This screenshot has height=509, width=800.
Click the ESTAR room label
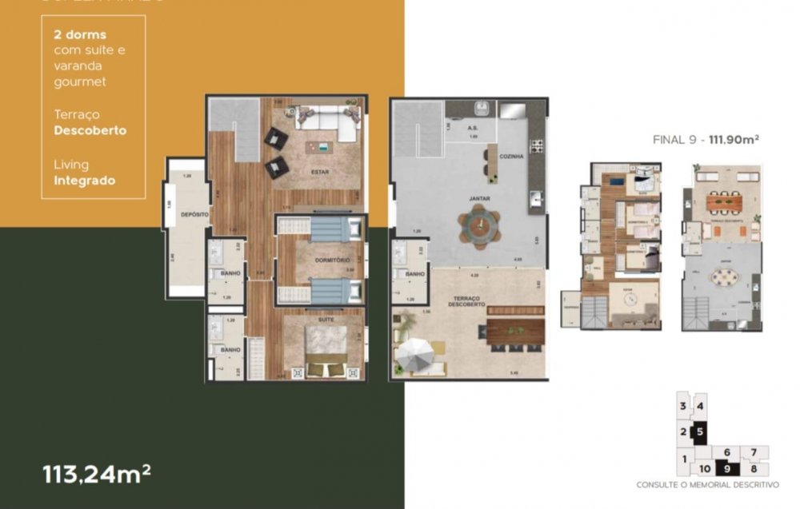point(320,171)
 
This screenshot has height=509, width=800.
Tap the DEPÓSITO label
point(194,215)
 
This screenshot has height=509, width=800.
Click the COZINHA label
point(511,157)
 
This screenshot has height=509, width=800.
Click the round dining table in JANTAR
point(478,225)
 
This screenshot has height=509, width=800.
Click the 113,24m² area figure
point(97,474)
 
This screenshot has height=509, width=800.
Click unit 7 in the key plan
point(754,453)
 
